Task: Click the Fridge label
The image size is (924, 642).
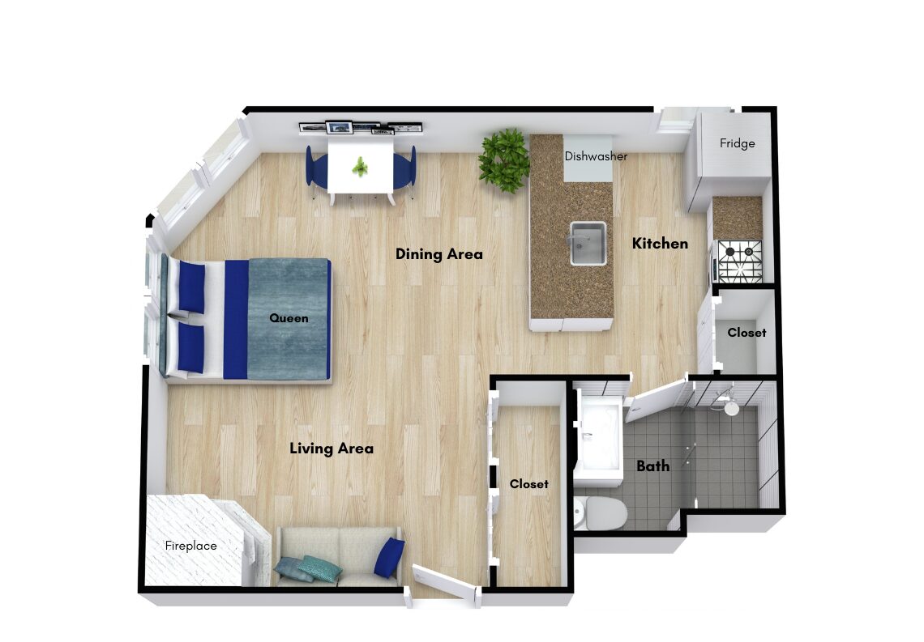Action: coord(737,143)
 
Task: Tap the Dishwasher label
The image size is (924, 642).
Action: coord(596,156)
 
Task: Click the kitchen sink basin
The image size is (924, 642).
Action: coord(588,244)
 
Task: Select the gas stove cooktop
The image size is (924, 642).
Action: coord(739,261)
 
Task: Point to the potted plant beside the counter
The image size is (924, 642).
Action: coord(504,160)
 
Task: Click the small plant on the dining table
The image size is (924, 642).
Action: coord(359,167)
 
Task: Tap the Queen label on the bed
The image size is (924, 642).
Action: coord(289,318)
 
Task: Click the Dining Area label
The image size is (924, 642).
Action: coord(439,254)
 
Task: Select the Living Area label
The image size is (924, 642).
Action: coord(332,449)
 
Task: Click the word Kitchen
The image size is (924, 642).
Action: coord(660,244)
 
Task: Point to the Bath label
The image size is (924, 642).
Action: coord(653,466)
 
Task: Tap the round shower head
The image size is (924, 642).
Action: coord(731,408)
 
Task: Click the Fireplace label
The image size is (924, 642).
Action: coord(191,546)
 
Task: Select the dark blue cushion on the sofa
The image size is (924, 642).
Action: coord(390,557)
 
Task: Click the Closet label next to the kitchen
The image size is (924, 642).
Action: coord(746,333)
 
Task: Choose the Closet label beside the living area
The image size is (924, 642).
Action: coord(528,484)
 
